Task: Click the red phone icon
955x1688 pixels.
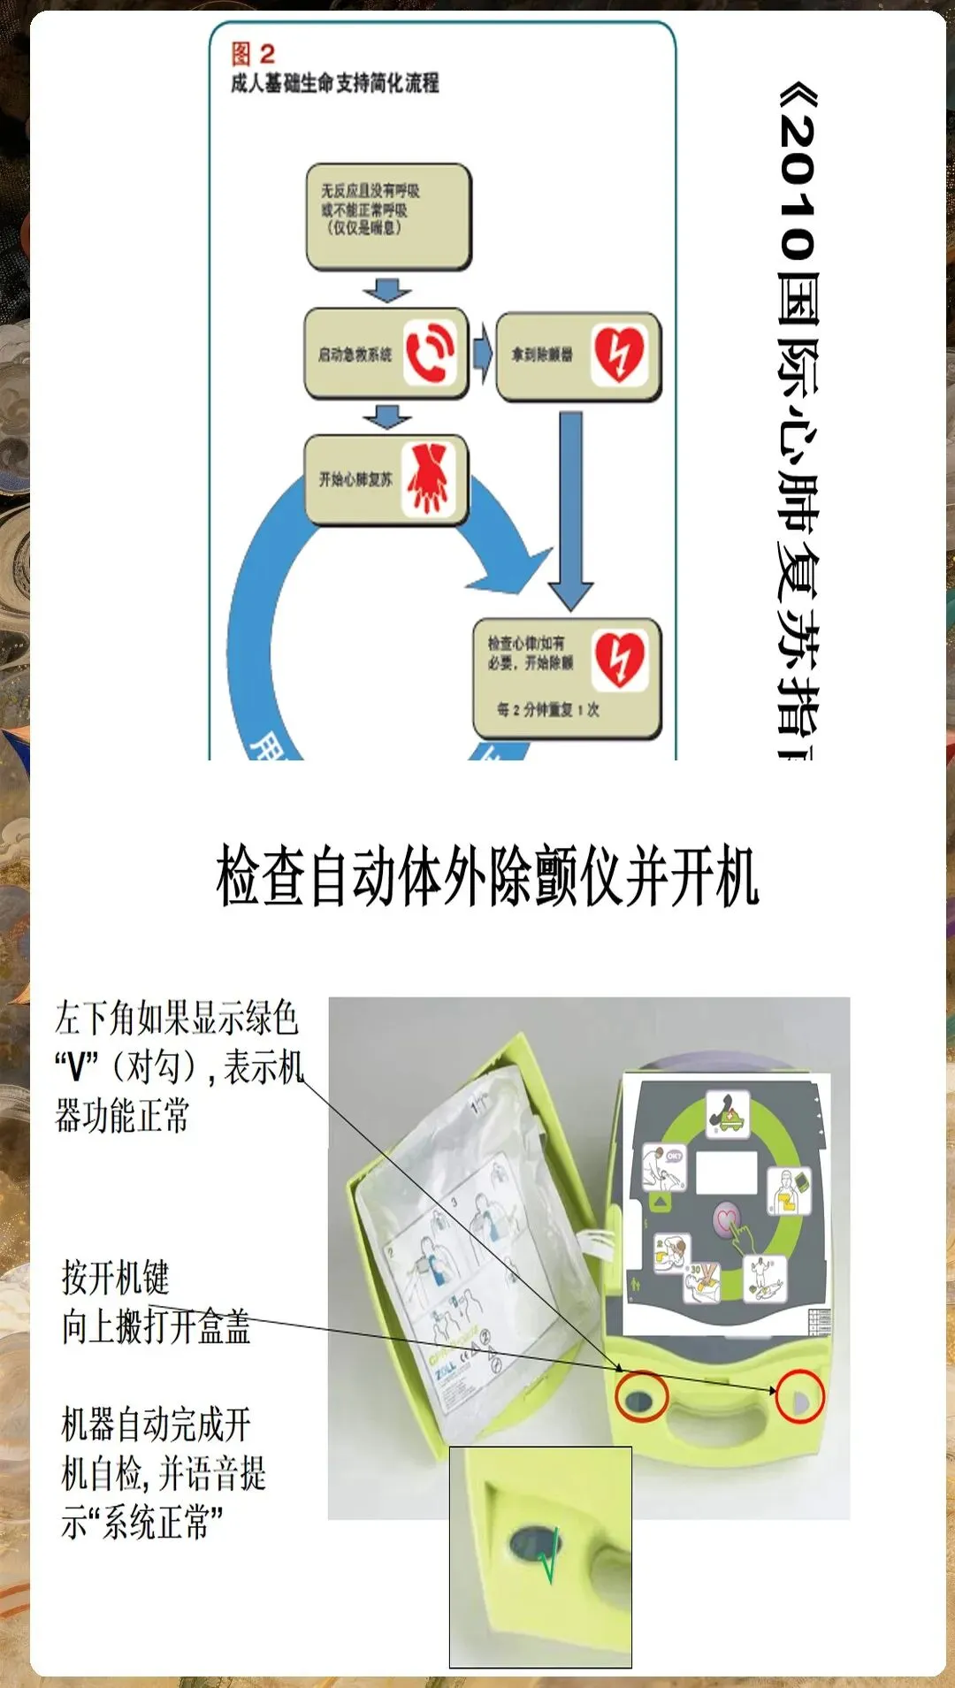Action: [x=430, y=352]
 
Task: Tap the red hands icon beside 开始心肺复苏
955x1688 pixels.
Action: [x=430, y=478]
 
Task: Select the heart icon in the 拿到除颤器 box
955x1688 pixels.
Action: [x=619, y=355]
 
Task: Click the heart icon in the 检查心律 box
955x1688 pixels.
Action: [x=619, y=660]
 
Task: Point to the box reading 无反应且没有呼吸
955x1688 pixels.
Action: [x=388, y=216]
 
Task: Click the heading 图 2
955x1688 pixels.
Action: [x=253, y=54]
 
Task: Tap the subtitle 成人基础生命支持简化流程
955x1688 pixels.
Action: [x=334, y=84]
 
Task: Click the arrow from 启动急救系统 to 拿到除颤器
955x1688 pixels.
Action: [x=482, y=353]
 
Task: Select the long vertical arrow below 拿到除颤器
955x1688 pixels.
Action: [x=570, y=508]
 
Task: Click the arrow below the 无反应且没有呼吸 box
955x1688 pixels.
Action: [x=387, y=290]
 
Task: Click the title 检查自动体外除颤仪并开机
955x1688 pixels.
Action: [x=487, y=876]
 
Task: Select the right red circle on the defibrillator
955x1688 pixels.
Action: [x=799, y=1396]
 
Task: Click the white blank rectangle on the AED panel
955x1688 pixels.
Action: [x=726, y=1172]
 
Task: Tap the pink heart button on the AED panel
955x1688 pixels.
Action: [x=726, y=1220]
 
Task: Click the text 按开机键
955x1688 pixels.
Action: [x=115, y=1278]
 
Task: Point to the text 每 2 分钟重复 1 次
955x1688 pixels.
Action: [x=547, y=709]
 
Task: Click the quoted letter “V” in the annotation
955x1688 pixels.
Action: [x=77, y=1067]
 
